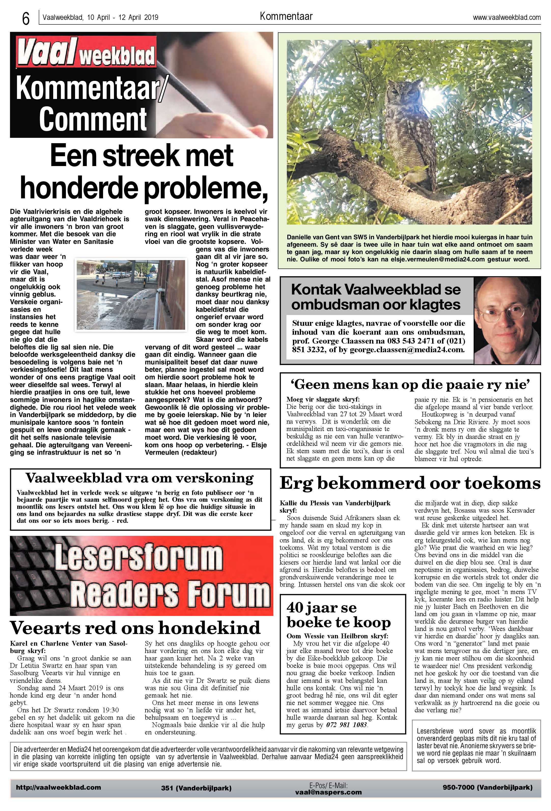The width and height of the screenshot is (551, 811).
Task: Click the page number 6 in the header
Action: click(25, 19)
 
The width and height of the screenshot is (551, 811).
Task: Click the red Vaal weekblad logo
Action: click(86, 53)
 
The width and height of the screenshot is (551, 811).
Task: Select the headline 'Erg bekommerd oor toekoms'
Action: click(410, 484)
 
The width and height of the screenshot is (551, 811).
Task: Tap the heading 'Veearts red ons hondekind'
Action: click(135, 627)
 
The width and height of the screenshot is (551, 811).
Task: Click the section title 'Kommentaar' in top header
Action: click(286, 16)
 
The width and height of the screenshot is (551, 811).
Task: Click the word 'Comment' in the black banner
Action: click(93, 119)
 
